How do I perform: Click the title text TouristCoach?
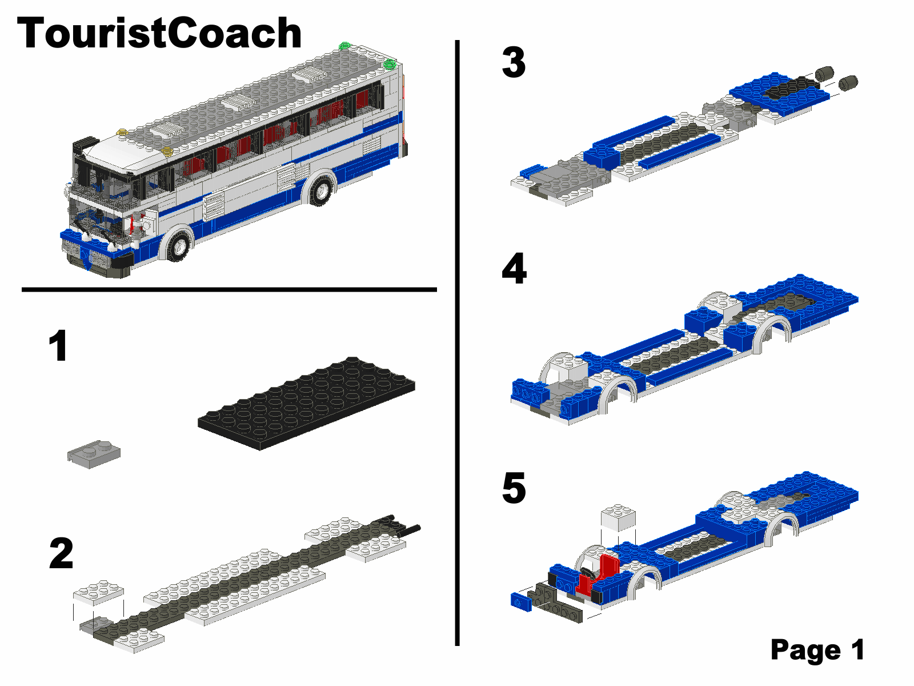[159, 33]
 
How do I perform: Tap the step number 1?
[58, 345]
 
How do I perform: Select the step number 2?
[61, 553]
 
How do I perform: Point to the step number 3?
[514, 62]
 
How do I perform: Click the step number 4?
[514, 268]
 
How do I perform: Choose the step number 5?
[514, 488]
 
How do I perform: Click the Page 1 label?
[817, 649]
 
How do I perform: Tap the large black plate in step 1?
[306, 403]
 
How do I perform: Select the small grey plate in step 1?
[94, 454]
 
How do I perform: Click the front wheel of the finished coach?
[178, 245]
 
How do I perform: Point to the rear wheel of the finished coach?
[320, 190]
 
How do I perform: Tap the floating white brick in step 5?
[618, 517]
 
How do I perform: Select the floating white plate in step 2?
[98, 592]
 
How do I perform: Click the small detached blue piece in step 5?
[521, 602]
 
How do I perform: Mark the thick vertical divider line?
[457, 343]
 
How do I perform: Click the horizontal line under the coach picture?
[229, 289]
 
